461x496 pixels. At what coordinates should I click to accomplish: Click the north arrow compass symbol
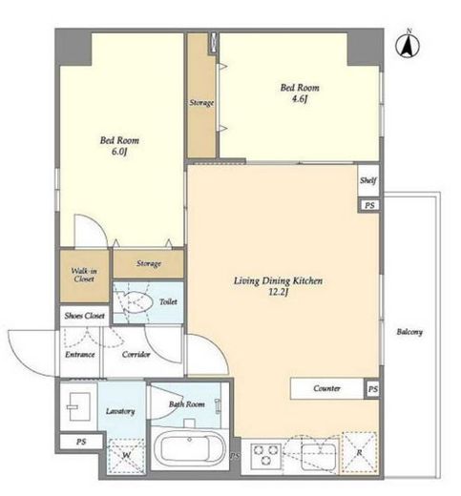pos(408,46)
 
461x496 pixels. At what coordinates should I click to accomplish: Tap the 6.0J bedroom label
pos(119,146)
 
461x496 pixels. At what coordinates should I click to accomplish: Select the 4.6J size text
pos(300,99)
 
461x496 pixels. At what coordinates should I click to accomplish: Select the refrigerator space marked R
pos(359,452)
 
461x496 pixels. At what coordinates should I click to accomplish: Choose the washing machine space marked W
pos(126,456)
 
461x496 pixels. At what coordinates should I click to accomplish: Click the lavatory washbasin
pos(77,406)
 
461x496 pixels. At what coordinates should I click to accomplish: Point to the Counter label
pos(326,388)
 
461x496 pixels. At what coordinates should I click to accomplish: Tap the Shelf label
pos(368,180)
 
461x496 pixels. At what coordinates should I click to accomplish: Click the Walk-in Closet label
pos(84,275)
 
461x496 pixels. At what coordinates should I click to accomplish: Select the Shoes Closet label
pos(84,316)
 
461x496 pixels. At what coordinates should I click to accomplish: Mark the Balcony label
pos(409,332)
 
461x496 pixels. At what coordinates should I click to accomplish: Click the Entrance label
pos(80,354)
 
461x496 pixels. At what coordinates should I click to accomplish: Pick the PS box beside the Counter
pos(372,389)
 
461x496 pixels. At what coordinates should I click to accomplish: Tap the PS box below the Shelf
pos(369,205)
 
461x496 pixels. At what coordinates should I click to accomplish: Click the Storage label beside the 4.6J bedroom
pos(201,103)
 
